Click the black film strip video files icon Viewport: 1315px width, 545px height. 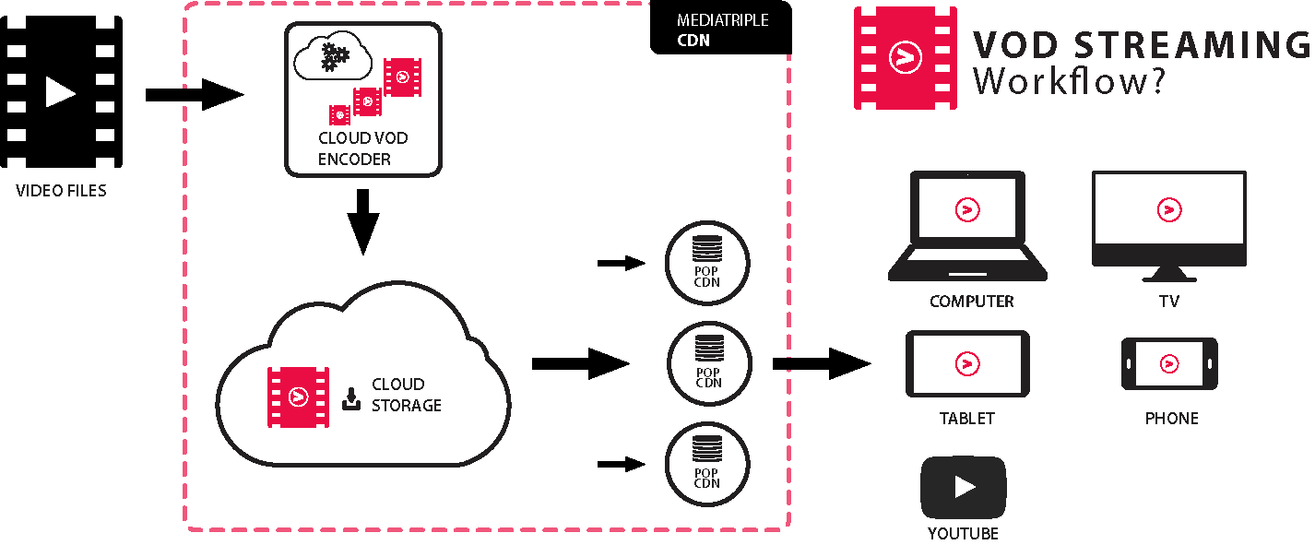(61, 91)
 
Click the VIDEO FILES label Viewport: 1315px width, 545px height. (61, 192)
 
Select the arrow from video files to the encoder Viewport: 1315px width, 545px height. (194, 94)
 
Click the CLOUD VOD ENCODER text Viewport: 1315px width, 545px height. (363, 148)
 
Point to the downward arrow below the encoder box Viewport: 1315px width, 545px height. (363, 221)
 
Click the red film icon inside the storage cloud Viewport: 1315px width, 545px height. (298, 397)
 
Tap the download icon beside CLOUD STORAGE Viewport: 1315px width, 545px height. (351, 398)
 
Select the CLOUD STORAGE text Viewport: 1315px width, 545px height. (406, 395)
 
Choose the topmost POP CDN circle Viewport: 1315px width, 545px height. (707, 263)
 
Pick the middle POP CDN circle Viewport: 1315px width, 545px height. (707, 363)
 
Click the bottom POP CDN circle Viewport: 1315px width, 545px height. (707, 464)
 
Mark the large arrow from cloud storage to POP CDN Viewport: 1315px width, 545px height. (580, 363)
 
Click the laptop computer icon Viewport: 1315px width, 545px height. (967, 226)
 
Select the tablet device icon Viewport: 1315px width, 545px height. (967, 364)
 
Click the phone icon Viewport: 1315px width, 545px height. (1169, 363)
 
